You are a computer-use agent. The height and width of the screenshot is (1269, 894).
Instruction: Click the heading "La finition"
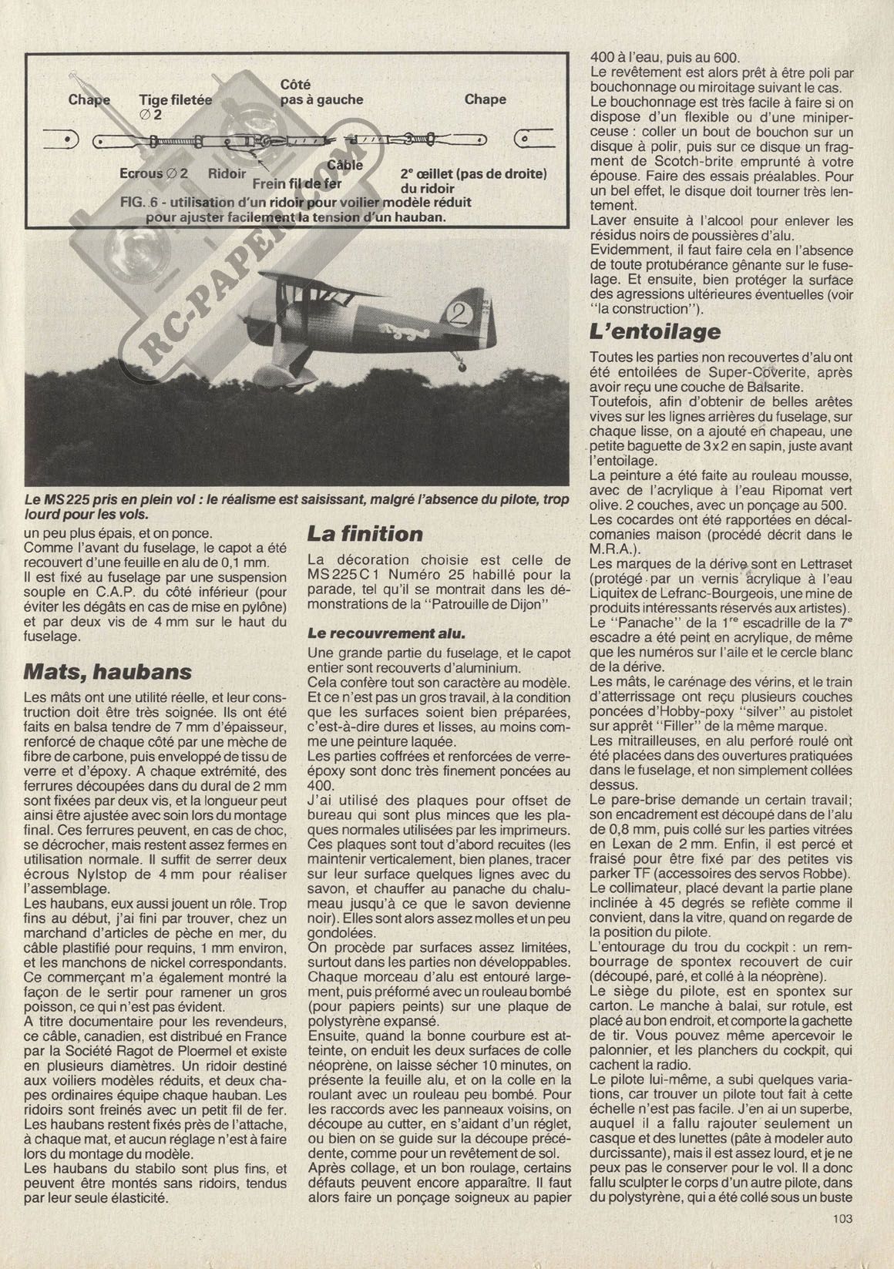365,534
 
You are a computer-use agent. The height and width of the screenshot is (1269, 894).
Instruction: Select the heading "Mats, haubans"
108,671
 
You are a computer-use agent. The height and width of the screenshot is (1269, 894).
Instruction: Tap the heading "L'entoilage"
655,332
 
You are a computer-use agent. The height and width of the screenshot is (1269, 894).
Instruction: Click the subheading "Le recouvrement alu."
386,633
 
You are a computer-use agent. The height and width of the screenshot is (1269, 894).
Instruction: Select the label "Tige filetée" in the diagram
175,100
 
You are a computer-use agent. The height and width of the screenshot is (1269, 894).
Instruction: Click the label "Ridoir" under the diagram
227,174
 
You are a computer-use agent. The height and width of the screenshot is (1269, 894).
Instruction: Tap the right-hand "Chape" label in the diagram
486,99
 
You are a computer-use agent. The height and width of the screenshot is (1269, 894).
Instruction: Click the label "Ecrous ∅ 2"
154,174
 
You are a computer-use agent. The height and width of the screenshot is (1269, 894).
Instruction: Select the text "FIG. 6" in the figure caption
142,203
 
